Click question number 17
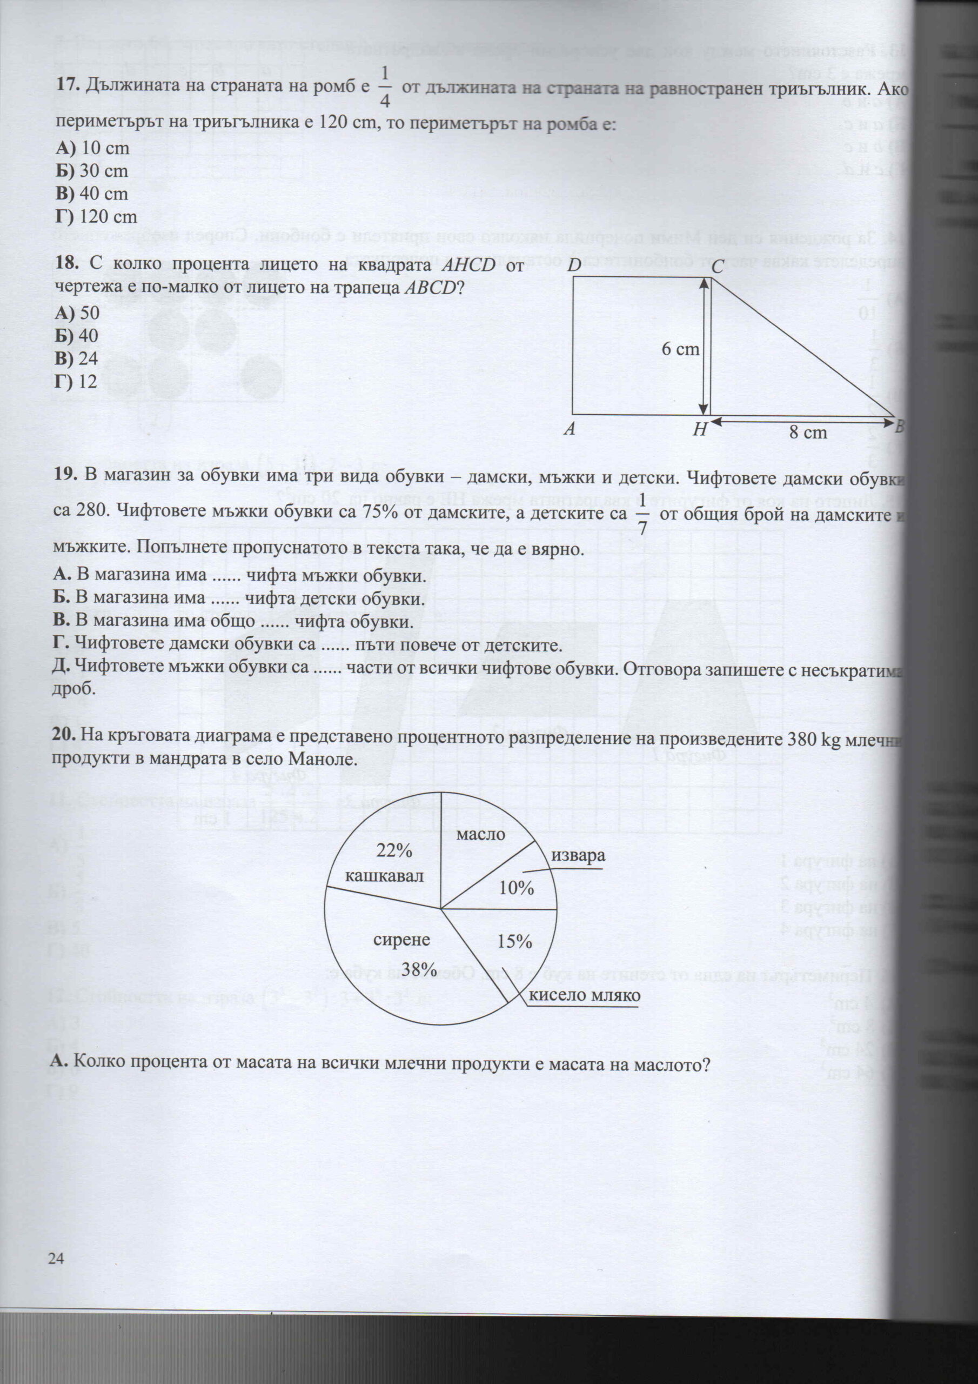pyautogui.click(x=68, y=85)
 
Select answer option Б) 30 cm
pyautogui.click(x=92, y=171)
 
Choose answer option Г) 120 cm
pyautogui.click(x=96, y=216)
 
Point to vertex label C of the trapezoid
pyautogui.click(x=716, y=265)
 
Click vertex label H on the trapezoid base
pyautogui.click(x=699, y=429)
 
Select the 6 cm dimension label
pyautogui.click(x=680, y=348)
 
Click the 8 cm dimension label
pyautogui.click(x=807, y=432)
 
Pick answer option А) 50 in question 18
pyautogui.click(x=77, y=313)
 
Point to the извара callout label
pyautogui.click(x=577, y=856)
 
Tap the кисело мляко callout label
pyautogui.click(x=584, y=995)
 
